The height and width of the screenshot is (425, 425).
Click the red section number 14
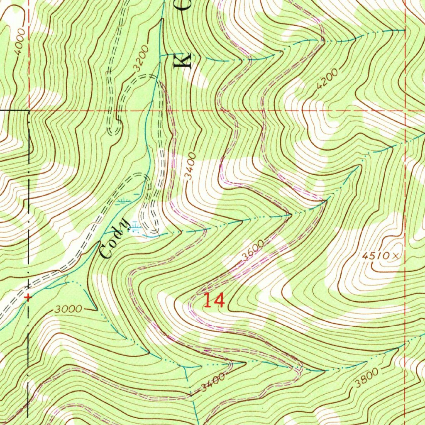(x=214, y=300)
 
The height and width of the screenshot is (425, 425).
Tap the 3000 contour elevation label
(x=68, y=310)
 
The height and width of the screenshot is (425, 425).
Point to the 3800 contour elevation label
(x=366, y=377)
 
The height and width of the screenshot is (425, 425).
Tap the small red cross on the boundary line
(x=28, y=297)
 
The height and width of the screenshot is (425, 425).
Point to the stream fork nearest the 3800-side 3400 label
(x=185, y=367)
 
